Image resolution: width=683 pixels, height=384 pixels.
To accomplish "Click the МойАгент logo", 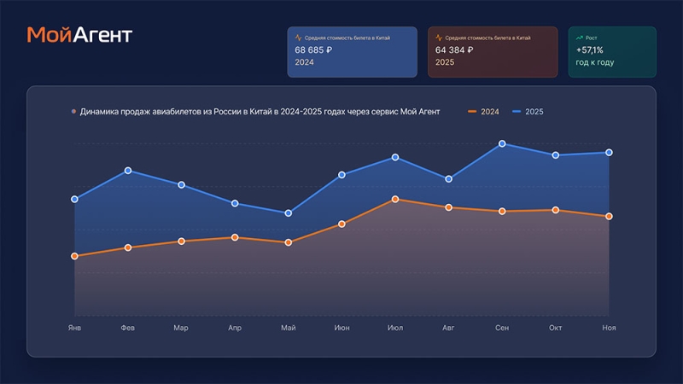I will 79,35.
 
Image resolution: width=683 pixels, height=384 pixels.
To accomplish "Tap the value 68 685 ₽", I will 313,49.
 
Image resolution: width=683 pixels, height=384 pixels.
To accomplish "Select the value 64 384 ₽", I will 454,49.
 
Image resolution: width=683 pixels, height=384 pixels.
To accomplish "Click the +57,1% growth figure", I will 589,50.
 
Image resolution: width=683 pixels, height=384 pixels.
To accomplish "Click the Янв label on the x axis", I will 74,328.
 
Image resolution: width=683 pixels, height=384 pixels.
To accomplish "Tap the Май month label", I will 288,328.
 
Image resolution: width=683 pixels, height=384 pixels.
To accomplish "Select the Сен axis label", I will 502,328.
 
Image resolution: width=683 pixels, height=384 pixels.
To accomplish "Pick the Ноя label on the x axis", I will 609,328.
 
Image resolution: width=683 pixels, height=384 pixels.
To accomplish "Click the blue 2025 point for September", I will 502,144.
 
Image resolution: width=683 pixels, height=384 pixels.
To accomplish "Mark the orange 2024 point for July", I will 395,199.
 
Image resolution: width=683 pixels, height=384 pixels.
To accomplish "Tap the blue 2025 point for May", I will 289,213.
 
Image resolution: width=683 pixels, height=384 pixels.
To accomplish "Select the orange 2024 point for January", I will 75,256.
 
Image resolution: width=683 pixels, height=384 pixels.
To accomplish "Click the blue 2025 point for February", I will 128,171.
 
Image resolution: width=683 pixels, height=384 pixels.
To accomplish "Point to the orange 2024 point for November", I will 609,217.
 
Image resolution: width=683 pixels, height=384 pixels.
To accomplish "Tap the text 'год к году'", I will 595,62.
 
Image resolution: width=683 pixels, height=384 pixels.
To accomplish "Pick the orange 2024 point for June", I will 341,224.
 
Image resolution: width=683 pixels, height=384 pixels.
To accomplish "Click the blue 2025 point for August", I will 448,179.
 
